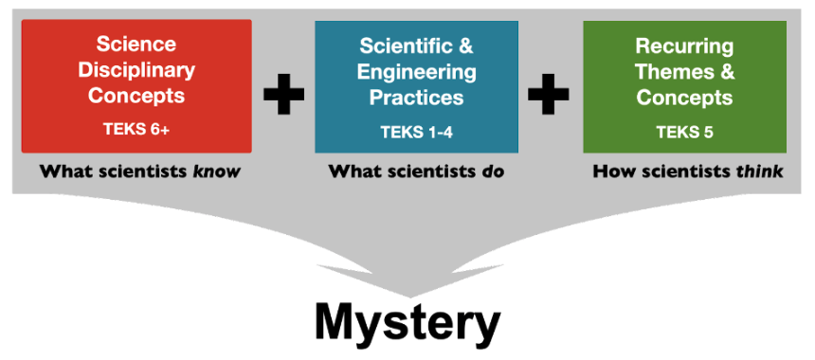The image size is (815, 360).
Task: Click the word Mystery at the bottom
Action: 407,322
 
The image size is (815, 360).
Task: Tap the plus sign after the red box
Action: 283,94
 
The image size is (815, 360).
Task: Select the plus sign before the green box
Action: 549,94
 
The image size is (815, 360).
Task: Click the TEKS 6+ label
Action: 136,129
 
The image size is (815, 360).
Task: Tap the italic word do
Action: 492,171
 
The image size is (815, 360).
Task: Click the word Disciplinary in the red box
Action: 136,69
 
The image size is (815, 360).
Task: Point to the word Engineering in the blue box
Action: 416,71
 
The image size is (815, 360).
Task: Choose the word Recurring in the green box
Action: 684,45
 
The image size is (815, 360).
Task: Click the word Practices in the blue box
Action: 416,98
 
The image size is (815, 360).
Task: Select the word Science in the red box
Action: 136,44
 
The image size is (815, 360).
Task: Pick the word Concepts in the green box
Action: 684,98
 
